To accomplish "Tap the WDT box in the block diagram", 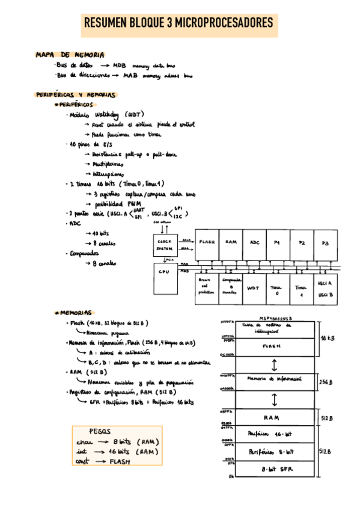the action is tap(254, 288).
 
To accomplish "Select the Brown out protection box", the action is tap(206, 288).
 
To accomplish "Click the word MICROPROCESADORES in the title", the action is tap(221, 23).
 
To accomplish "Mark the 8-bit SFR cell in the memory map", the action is tap(272, 468).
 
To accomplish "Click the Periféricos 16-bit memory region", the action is tap(272, 433).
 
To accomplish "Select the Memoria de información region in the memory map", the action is tap(272, 380).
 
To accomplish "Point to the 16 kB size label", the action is tap(328, 339).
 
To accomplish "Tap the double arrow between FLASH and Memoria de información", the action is tap(273, 364).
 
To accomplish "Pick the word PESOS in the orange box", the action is tap(100, 431).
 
